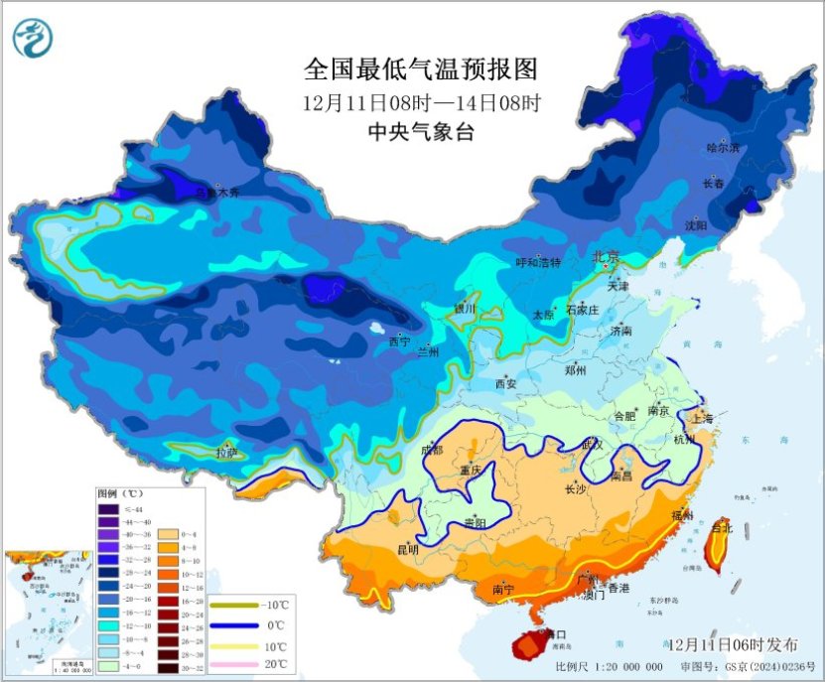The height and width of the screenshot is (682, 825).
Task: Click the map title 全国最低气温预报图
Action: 420,69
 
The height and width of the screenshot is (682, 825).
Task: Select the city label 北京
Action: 606,256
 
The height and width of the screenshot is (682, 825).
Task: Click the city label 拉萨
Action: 227,453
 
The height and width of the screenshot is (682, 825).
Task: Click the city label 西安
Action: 505,383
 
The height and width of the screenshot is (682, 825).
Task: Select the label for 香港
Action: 619,589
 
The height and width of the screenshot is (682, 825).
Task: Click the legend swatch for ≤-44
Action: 107,509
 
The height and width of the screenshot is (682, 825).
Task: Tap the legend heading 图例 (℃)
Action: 121,493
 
